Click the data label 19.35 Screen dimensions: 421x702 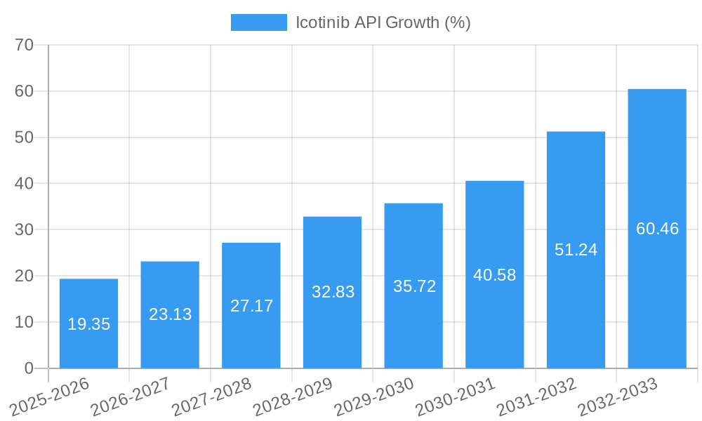click(x=88, y=324)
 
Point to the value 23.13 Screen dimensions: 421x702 click(x=170, y=314)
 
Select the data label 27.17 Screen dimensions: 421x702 click(x=251, y=306)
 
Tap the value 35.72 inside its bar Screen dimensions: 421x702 click(x=414, y=286)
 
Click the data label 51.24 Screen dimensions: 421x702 click(x=576, y=250)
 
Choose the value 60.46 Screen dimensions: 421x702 click(x=657, y=229)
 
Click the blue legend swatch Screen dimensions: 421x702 click(x=258, y=22)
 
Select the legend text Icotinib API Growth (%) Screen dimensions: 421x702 click(x=383, y=22)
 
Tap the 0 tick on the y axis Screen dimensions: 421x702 click(x=29, y=368)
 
